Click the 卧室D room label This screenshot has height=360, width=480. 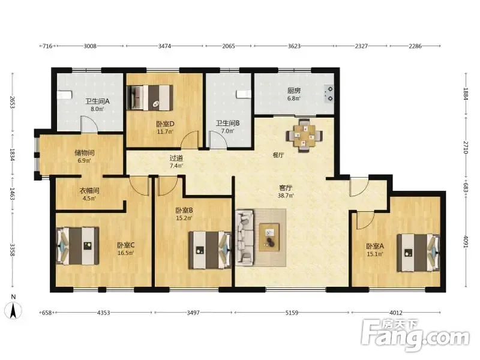[165, 124]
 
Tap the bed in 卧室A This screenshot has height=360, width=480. [418, 253]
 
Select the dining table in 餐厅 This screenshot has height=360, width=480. [304, 136]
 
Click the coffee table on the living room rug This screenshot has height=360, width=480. [269, 237]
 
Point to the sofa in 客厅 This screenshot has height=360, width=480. [245, 236]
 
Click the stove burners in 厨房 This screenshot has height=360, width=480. [329, 94]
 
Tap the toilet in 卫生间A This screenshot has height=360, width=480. [65, 95]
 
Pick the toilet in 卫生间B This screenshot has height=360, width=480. [244, 94]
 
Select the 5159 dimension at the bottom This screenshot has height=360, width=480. [292, 313]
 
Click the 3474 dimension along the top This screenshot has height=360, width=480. [164, 46]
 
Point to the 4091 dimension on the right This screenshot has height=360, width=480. [466, 242]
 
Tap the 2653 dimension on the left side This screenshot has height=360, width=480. [12, 103]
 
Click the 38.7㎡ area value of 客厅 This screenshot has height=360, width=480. [286, 196]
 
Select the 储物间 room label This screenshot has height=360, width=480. [85, 152]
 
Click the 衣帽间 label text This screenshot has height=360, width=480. [89, 190]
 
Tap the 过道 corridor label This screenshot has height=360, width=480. [176, 158]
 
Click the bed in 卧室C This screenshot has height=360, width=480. [78, 246]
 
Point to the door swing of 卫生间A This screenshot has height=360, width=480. [89, 124]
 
